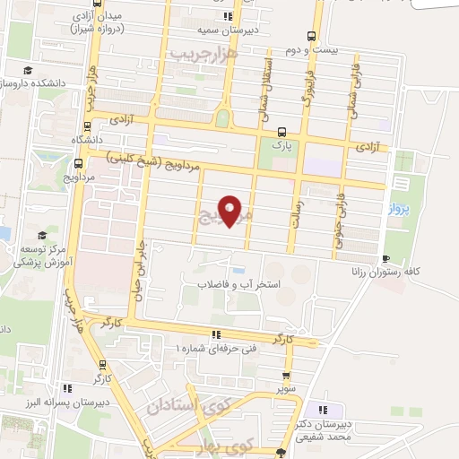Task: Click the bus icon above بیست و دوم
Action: click(311, 37)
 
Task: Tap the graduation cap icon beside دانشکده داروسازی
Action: click(30, 70)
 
